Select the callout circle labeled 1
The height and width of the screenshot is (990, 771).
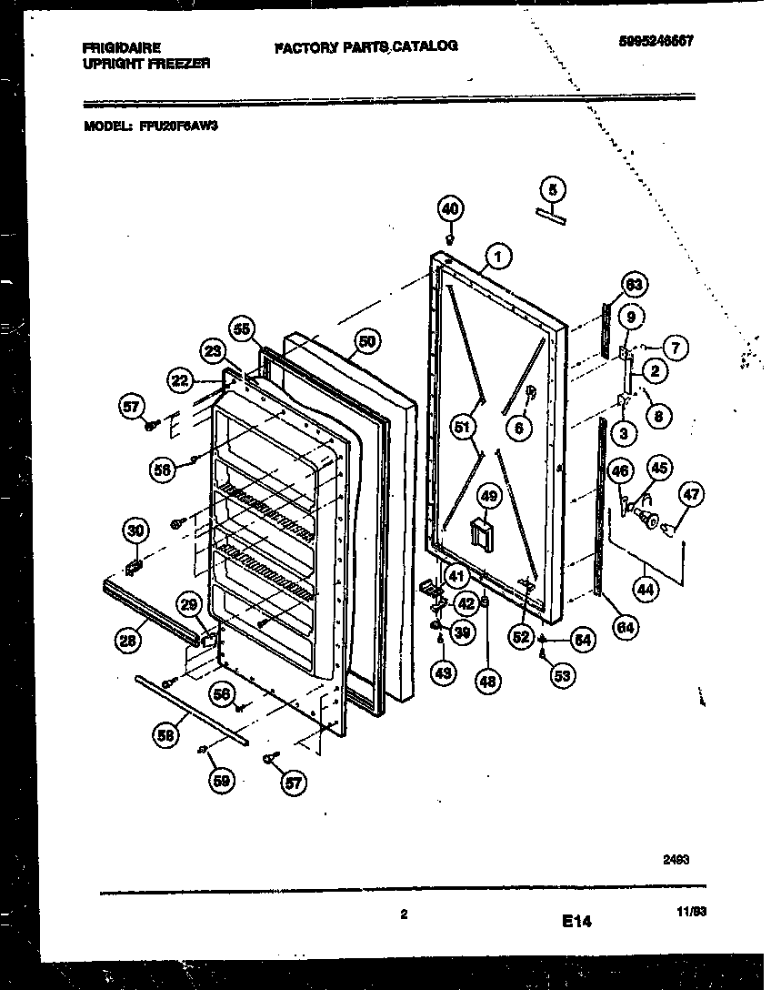pyautogui.click(x=497, y=257)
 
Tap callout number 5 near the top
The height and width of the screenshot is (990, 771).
pyautogui.click(x=552, y=188)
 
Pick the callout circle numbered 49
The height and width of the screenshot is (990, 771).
pyautogui.click(x=490, y=496)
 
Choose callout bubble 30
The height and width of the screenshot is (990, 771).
pyautogui.click(x=135, y=531)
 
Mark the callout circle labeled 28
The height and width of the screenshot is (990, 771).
pyautogui.click(x=129, y=640)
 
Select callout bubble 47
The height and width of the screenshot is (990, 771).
pyautogui.click(x=692, y=496)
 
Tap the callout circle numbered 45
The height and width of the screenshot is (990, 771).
pyautogui.click(x=659, y=469)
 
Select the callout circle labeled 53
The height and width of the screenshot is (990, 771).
pyautogui.click(x=564, y=675)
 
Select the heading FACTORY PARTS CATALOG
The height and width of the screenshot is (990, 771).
pyautogui.click(x=365, y=45)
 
